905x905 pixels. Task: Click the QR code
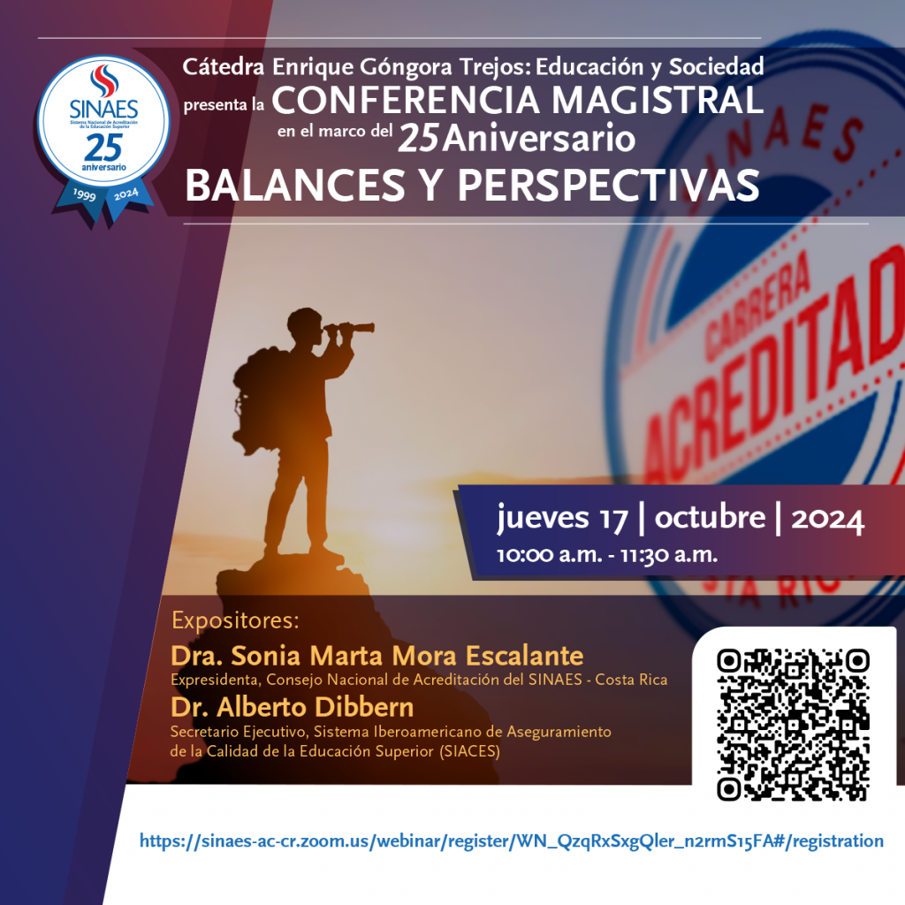793,725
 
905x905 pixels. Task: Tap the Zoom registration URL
512,841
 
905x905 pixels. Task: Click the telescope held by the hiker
350,329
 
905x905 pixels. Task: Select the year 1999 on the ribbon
84,195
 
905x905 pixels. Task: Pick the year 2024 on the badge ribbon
125,194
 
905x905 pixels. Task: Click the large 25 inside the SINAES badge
104,148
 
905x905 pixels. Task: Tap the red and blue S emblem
104,80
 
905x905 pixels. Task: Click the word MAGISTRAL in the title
658,100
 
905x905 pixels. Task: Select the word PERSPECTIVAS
608,186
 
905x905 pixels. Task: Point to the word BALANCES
295,186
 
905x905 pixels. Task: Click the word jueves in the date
544,517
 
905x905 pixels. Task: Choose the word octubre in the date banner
710,516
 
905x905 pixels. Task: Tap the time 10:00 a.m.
550,555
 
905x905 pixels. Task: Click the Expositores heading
235,620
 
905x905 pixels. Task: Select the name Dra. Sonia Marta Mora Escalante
376,656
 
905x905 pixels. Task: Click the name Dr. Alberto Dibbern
292,707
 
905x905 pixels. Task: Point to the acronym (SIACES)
469,751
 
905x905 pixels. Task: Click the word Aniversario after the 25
539,139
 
